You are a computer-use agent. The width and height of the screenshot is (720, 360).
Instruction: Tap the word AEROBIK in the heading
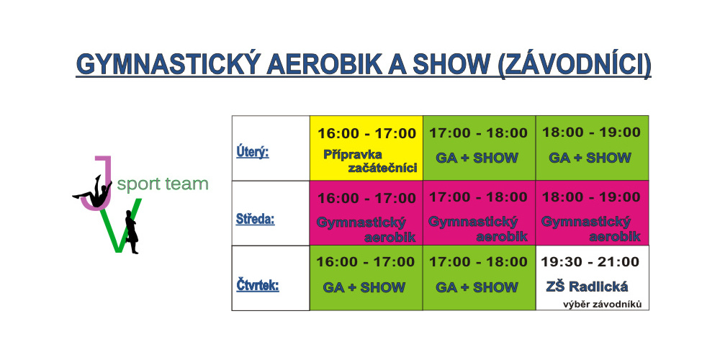pyautogui.click(x=324, y=64)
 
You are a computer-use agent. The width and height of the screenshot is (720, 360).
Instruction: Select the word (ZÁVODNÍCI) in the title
pyautogui.click(x=574, y=65)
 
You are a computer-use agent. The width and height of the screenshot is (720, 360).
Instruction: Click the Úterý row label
pyautogui.click(x=252, y=151)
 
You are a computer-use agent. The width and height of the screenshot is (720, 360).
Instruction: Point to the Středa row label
pyautogui.click(x=255, y=219)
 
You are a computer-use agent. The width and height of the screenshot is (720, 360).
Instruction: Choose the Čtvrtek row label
pyautogui.click(x=258, y=286)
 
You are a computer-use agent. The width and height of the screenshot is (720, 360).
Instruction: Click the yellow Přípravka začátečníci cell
pyautogui.click(x=366, y=148)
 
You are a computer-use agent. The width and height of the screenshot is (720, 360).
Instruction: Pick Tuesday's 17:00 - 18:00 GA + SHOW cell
pyautogui.click(x=480, y=148)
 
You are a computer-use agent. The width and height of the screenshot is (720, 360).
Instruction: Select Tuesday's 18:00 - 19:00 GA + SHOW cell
pyautogui.click(x=593, y=148)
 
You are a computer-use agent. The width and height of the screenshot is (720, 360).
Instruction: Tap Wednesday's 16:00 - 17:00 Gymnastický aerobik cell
pyautogui.click(x=366, y=213)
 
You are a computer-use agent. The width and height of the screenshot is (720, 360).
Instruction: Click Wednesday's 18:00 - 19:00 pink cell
pyautogui.click(x=593, y=213)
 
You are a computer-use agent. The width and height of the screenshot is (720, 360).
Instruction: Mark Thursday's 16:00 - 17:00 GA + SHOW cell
pyautogui.click(x=366, y=278)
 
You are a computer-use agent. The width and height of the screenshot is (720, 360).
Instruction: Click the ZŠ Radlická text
pyautogui.click(x=587, y=287)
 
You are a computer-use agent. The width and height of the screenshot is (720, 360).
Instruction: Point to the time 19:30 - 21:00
pyautogui.click(x=590, y=262)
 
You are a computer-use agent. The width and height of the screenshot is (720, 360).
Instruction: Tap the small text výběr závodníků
pyautogui.click(x=602, y=304)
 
